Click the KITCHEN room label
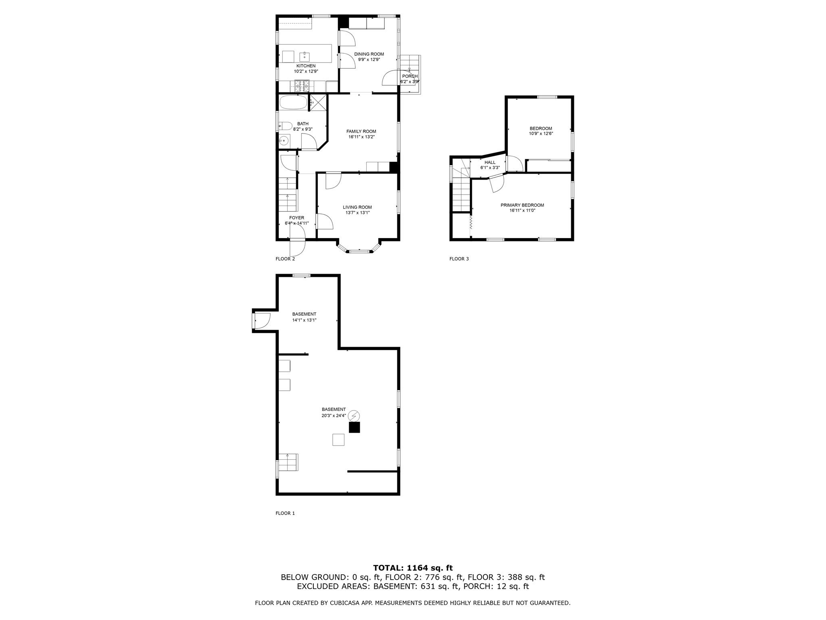(306, 66)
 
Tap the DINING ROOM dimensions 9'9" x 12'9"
(369, 59)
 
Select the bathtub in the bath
(293, 103)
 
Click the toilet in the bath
(284, 126)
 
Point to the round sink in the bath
(284, 141)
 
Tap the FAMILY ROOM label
(361, 131)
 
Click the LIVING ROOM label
(357, 207)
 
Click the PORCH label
(409, 76)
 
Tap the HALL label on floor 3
(490, 162)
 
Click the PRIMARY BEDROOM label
(522, 205)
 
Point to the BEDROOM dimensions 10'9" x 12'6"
(540, 134)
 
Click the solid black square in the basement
(354, 427)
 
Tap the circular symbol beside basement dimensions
(354, 416)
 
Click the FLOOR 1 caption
(285, 513)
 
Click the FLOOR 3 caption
(459, 259)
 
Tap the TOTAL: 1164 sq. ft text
(413, 568)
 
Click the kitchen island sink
(305, 56)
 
